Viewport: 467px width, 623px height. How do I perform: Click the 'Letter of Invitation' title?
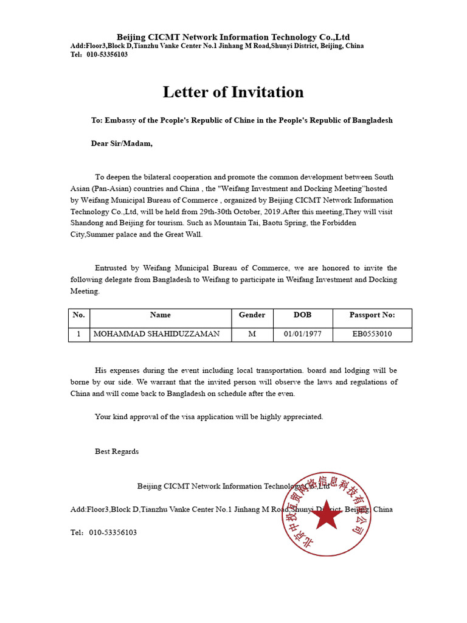(233, 92)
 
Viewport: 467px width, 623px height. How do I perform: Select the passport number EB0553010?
(372, 334)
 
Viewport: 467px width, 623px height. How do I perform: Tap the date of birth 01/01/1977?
(302, 334)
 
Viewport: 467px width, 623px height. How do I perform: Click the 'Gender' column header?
(252, 315)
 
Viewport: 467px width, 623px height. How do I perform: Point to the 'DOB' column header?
(302, 315)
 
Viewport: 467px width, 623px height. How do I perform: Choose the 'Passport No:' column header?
(372, 315)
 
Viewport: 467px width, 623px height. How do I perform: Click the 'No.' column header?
(78, 315)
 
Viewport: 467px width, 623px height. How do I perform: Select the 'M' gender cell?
(252, 334)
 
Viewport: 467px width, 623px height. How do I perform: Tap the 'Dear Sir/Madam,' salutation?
(122, 144)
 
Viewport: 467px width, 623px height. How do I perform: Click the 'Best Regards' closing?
(117, 451)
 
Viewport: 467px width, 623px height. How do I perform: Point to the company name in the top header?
(233, 37)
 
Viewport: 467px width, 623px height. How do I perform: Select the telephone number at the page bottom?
(112, 532)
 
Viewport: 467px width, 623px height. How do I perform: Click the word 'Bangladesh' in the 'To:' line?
(369, 120)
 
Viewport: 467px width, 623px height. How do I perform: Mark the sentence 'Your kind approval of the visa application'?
(209, 417)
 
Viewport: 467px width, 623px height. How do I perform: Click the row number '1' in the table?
(78, 334)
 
